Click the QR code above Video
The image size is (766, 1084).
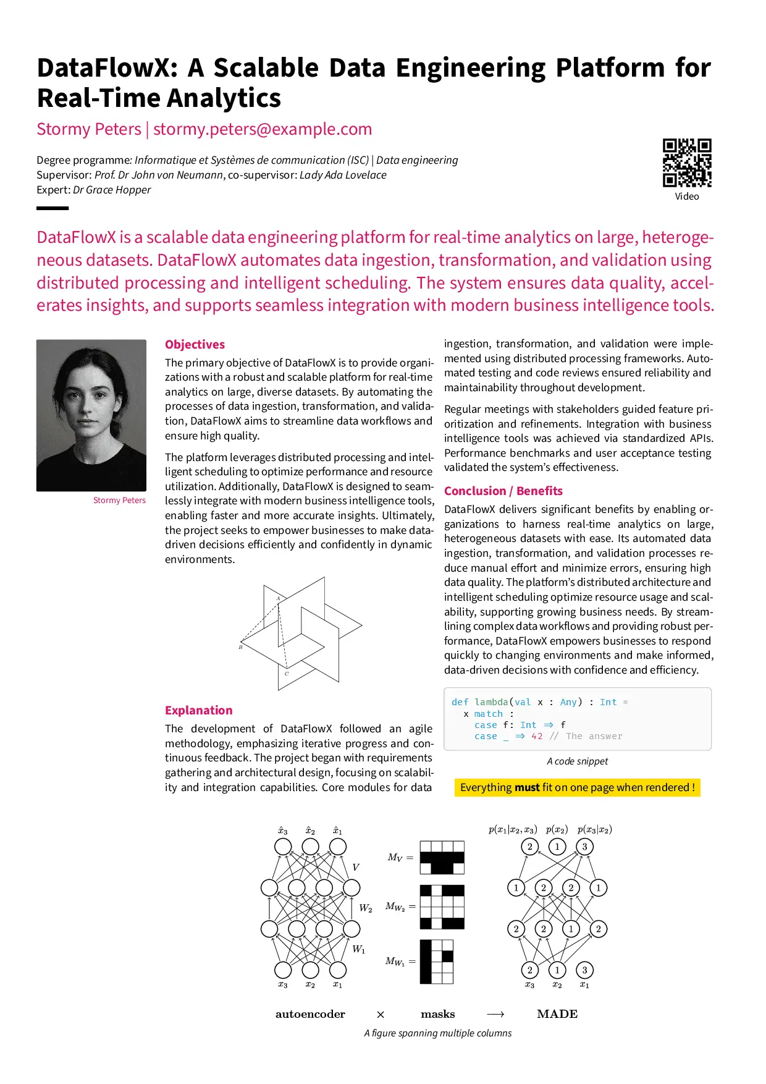click(687, 163)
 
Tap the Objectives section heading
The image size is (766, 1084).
click(195, 345)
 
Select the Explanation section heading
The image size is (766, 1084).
click(198, 710)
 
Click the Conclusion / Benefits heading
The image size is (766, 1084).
click(503, 491)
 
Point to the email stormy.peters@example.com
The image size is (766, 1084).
click(263, 129)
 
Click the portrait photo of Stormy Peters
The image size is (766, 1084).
click(91, 415)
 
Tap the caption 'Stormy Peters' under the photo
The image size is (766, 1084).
click(119, 500)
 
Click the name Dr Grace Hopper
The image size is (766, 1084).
click(112, 190)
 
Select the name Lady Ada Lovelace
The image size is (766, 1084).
click(343, 175)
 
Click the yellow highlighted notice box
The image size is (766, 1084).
click(577, 787)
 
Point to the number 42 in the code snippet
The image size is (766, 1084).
click(537, 736)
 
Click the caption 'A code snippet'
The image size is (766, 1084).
click(577, 761)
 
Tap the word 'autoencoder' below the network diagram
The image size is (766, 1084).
click(310, 1014)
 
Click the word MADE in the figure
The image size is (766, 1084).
click(557, 1014)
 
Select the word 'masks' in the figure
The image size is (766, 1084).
click(437, 1014)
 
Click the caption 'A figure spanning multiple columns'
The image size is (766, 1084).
click(437, 1033)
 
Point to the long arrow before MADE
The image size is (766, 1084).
click(495, 1014)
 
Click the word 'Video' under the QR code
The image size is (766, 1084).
click(687, 197)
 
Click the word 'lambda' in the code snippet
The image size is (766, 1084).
click(491, 702)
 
